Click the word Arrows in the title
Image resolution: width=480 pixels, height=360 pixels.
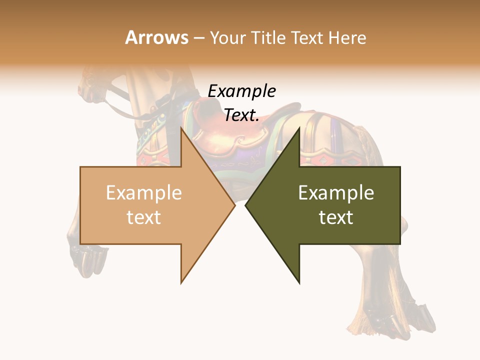(156, 38)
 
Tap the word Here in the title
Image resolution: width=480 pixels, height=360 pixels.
(347, 38)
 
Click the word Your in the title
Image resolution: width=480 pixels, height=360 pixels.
(227, 38)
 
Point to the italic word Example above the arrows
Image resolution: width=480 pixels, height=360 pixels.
(241, 91)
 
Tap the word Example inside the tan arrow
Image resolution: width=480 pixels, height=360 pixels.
(144, 193)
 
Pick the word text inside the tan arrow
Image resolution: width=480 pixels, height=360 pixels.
(144, 217)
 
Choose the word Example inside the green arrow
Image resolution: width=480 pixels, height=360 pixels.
(336, 193)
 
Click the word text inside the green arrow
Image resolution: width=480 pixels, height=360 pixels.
(336, 217)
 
